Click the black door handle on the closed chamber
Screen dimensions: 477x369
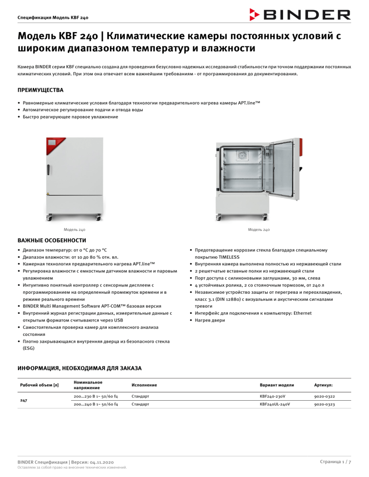(x=49, y=170)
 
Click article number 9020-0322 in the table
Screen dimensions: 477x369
(x=325, y=396)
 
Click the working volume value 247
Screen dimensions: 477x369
(x=24, y=401)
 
